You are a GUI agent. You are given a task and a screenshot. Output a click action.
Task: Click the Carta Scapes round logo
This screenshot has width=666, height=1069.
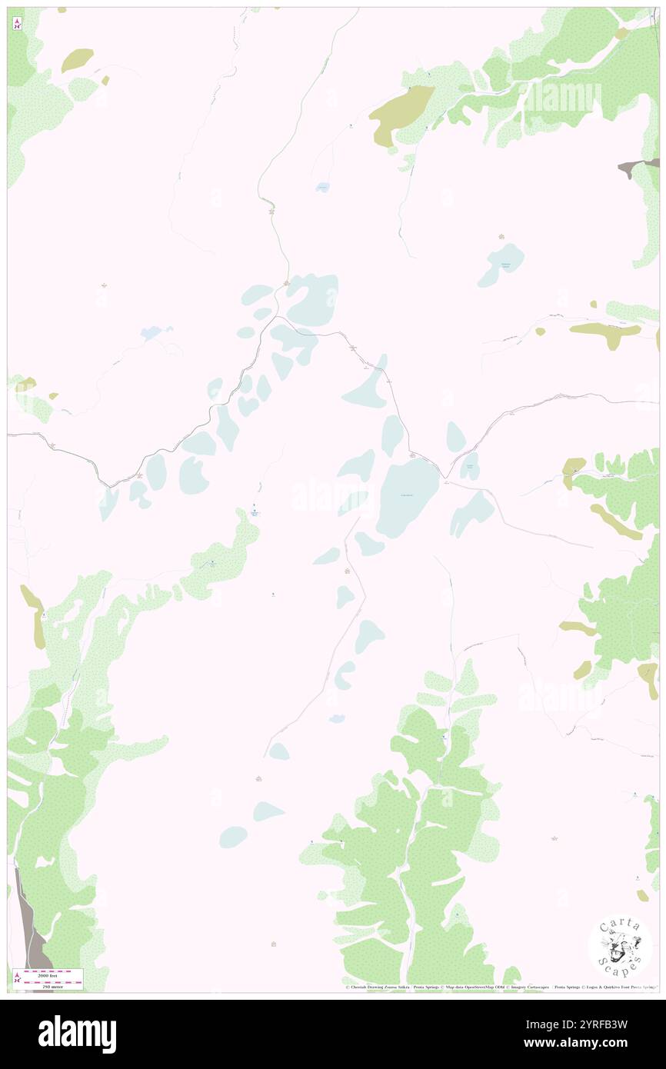pyautogui.click(x=620, y=945)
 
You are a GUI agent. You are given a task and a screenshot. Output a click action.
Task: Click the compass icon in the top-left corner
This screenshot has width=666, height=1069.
pyautogui.click(x=17, y=22)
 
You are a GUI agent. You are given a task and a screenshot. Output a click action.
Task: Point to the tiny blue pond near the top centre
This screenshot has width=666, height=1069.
pyautogui.click(x=323, y=187)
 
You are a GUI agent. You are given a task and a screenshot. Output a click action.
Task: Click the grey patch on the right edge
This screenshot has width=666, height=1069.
pyautogui.click(x=638, y=166)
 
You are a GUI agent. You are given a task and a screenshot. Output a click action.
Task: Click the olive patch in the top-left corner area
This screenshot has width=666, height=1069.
pyautogui.click(x=78, y=59)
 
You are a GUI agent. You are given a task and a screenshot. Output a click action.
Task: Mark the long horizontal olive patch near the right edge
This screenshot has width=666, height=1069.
pyautogui.click(x=605, y=330)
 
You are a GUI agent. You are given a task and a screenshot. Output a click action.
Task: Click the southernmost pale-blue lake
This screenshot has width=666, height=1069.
pyautogui.click(x=233, y=837)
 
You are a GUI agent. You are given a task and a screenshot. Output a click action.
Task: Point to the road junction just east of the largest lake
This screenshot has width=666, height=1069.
pyautogui.click(x=444, y=478)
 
